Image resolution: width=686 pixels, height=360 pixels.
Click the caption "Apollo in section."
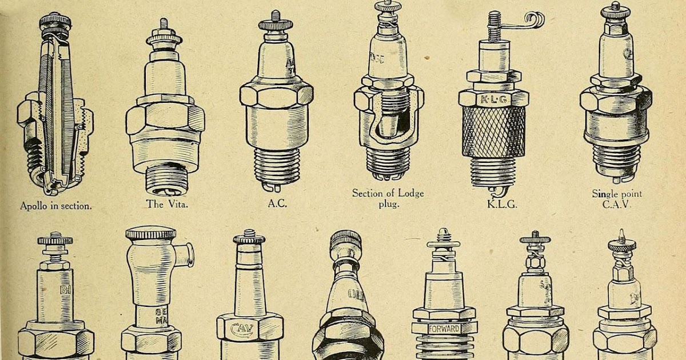point(55,206)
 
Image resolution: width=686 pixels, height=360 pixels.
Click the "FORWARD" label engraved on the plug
point(444,329)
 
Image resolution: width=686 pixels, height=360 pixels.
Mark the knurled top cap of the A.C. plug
point(276,24)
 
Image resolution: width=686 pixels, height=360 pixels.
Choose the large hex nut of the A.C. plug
point(276,94)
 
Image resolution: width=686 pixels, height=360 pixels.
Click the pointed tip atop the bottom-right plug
point(621,235)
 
